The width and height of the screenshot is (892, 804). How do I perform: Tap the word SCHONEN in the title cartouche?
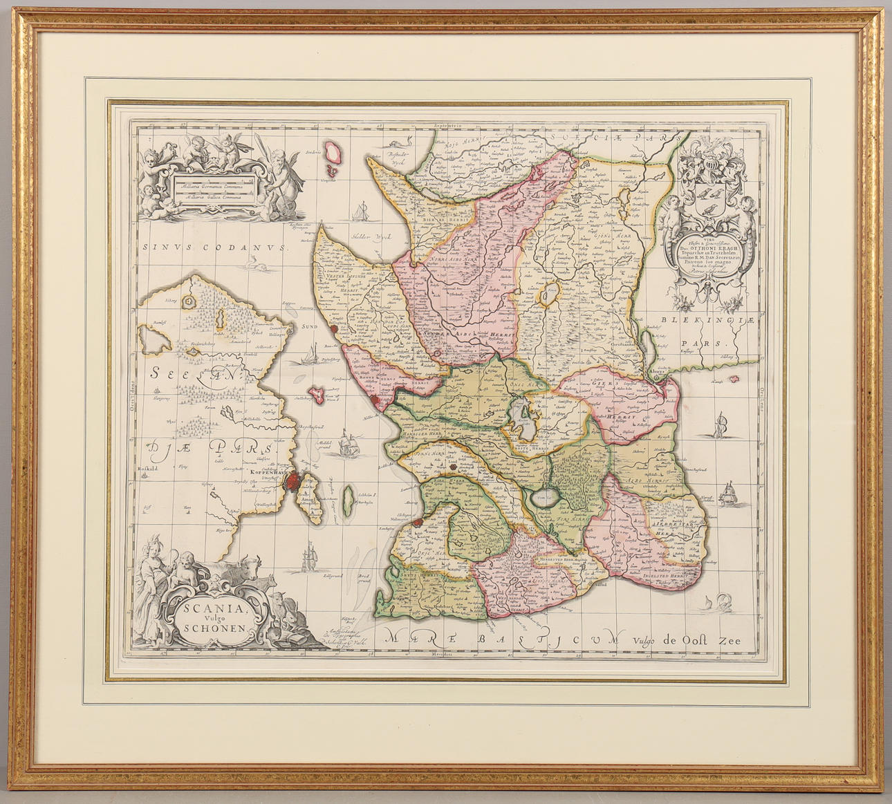pyautogui.click(x=210, y=628)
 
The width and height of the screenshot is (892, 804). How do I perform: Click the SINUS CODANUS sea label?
pyautogui.click(x=217, y=247)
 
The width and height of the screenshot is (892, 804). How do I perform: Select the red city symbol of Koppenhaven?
pyautogui.click(x=295, y=480)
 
